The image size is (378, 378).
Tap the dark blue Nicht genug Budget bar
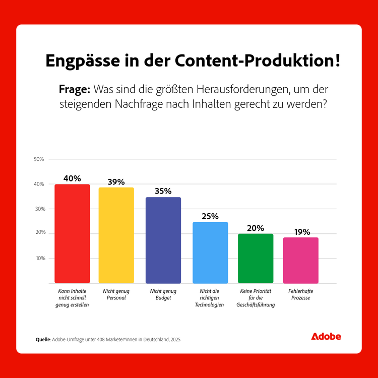point(163,240)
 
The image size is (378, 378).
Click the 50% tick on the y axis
point(39,159)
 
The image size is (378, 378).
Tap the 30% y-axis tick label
point(39,209)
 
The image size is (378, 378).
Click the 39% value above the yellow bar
point(116,182)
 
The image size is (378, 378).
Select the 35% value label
point(163,192)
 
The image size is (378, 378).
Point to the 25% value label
point(210,216)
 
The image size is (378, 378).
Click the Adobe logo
point(326,336)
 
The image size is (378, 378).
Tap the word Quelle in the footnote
point(42,340)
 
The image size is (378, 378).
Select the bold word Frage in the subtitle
point(74,89)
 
